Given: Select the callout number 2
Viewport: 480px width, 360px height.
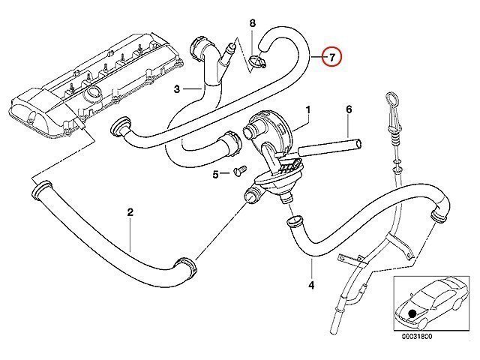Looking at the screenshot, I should coord(130,212).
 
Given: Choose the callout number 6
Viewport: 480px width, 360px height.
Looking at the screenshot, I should coord(349,109).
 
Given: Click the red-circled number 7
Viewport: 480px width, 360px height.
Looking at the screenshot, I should coord(330,57).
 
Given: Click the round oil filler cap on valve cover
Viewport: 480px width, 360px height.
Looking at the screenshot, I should coord(95,94).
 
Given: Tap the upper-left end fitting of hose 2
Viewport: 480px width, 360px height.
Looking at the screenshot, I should coord(37,194).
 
